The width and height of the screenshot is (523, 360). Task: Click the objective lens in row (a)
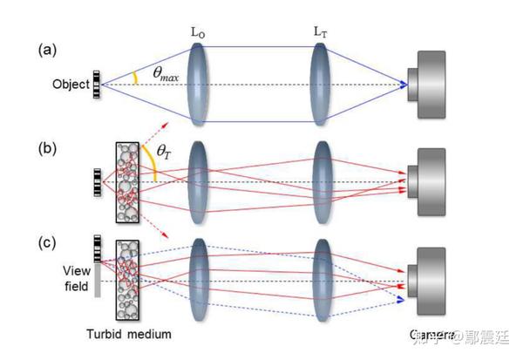click(200, 85)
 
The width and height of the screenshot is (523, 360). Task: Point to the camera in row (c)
click(431, 281)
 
